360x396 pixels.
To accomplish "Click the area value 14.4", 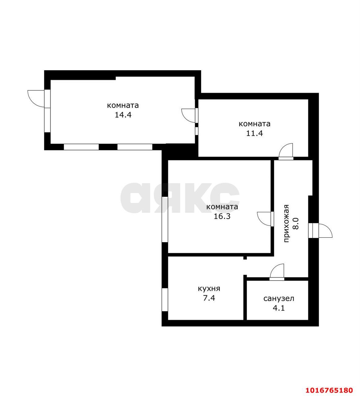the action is click(123, 115).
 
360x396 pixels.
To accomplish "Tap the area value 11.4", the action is click(255, 133).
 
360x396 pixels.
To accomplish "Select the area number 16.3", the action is click(222, 216).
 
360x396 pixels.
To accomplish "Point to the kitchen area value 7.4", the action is click(209, 298).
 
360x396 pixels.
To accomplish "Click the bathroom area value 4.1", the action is click(279, 308).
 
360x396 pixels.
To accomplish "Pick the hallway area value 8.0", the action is click(296, 223).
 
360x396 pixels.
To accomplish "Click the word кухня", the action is click(209, 289).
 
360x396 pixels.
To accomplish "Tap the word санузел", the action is click(279, 299).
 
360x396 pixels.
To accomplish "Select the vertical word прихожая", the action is click(287, 223).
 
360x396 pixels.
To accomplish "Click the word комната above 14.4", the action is click(123, 105).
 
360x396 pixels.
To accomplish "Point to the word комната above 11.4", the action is click(255, 124).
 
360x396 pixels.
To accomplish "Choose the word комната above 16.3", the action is click(222, 207).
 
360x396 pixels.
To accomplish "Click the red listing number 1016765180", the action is click(329, 390).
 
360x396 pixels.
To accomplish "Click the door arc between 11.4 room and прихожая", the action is click(283, 147).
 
